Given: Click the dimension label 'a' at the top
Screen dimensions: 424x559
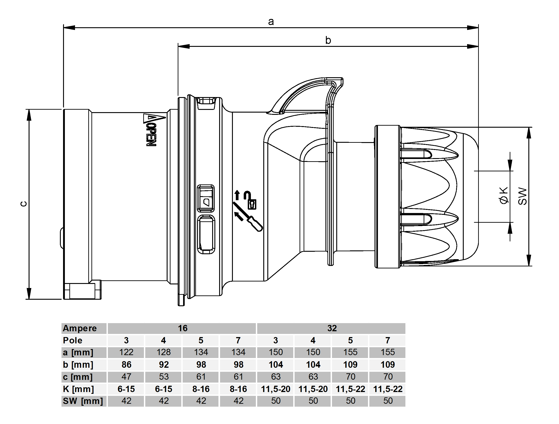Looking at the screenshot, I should pos(271,22).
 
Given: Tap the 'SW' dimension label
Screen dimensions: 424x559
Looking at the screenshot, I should pos(522,196).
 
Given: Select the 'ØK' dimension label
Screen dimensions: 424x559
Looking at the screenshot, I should pos(504,195).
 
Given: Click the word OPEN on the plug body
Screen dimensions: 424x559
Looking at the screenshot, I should pos(151,135).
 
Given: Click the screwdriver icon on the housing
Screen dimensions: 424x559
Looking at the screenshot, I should pos(254,224).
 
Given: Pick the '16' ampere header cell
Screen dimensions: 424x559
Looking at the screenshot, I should pos(182,328).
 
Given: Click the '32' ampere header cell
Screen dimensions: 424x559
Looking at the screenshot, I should pos(332,328).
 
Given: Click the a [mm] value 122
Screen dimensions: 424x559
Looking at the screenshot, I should pos(126,352).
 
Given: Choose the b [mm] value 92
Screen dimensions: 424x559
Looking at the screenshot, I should pos(164,364).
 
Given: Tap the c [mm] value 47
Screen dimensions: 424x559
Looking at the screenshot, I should pos(126,376).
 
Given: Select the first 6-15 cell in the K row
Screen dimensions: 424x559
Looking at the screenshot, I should pos(126,389).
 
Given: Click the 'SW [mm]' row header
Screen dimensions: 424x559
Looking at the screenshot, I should pos(83,401).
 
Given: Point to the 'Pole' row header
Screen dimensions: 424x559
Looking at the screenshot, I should pos(73,340).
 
